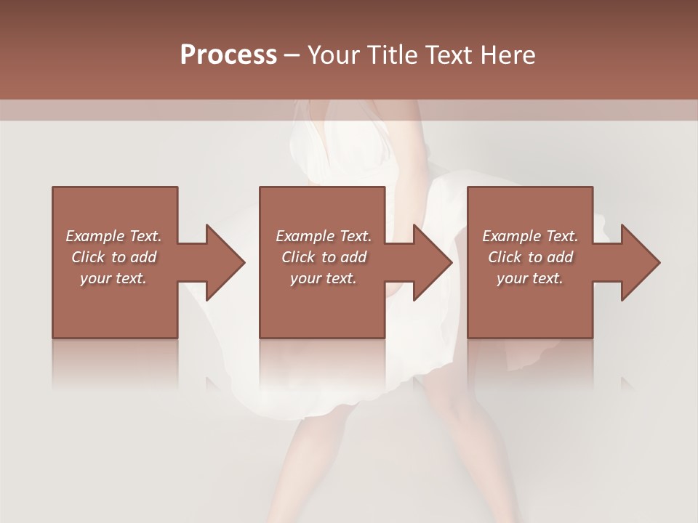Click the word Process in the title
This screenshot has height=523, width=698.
[228, 55]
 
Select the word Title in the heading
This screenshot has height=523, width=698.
[388, 55]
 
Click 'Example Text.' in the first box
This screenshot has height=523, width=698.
[113, 236]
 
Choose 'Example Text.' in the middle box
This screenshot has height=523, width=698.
[324, 236]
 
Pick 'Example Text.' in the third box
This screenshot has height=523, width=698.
[530, 236]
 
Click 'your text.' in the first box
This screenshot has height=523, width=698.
[113, 278]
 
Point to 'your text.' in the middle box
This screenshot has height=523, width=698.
[324, 278]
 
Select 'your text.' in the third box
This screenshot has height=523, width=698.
[530, 278]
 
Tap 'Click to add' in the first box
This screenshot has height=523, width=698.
[114, 257]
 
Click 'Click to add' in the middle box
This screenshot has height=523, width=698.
[324, 257]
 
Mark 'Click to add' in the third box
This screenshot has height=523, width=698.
[531, 257]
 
